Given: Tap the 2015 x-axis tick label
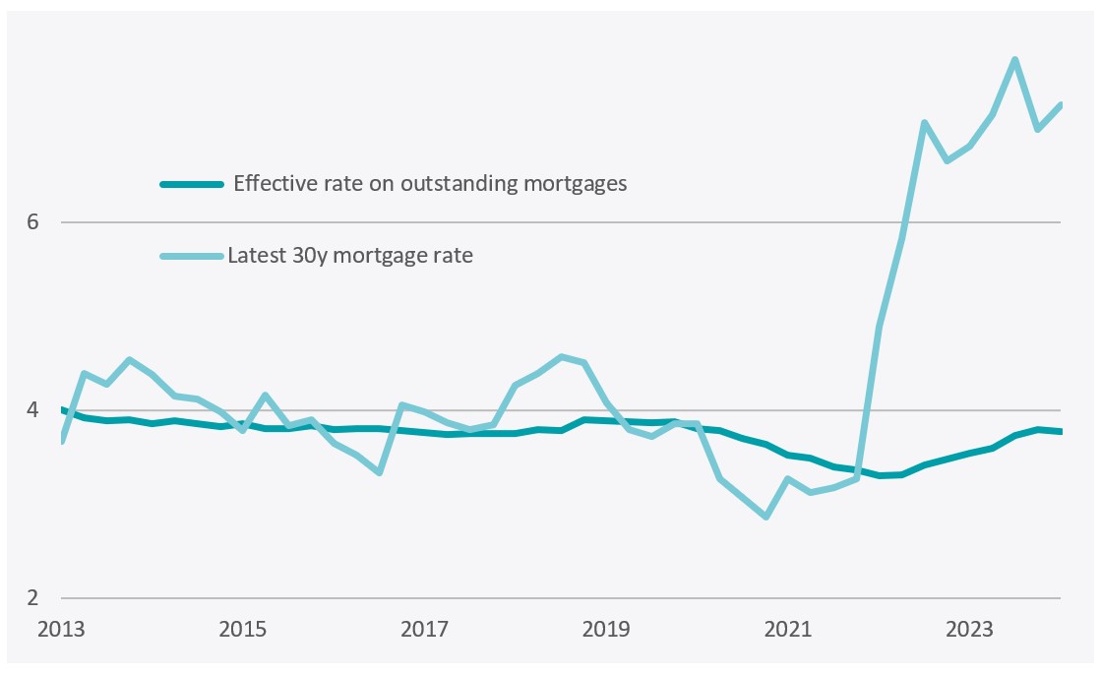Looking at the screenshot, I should point(242,629).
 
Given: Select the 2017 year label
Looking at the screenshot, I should point(424,629).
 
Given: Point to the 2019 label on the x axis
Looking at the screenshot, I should point(607,629).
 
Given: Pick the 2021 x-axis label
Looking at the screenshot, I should point(789,629).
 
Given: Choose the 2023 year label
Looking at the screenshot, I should point(970,629).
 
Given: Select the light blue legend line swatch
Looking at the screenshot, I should point(191,257).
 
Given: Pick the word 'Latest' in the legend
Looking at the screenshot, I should point(253,257).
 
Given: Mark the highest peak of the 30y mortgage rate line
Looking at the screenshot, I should point(1014,60).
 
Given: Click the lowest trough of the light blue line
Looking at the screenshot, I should point(765,517).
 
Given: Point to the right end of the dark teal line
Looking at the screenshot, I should point(1060,431).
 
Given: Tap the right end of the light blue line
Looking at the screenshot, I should point(1060,104).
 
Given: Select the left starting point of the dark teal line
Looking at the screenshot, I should point(61,409).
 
